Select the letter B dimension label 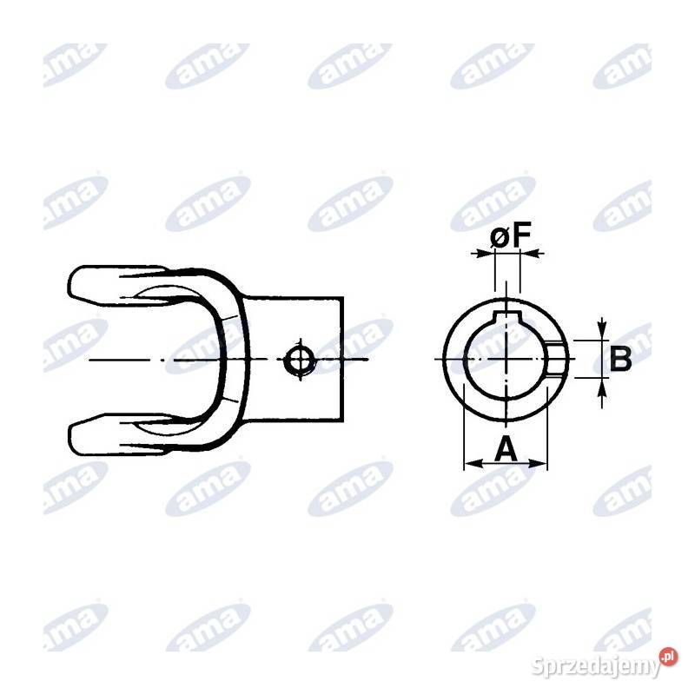click(x=620, y=360)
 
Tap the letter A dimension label click(x=506, y=448)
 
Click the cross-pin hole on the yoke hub click(x=300, y=360)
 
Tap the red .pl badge click(x=668, y=657)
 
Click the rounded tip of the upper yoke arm click(x=72, y=286)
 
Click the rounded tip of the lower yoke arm click(x=72, y=434)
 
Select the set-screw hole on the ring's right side click(x=557, y=359)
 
